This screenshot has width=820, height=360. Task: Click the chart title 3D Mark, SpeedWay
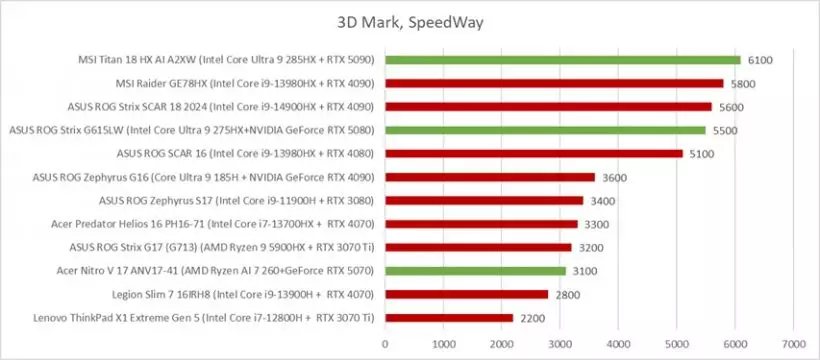(x=410, y=21)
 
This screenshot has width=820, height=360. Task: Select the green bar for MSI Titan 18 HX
(x=562, y=59)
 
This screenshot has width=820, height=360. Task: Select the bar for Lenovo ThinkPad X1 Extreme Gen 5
(x=449, y=318)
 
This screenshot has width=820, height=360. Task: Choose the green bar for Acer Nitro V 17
(x=475, y=271)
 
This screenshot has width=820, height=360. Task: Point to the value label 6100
(x=761, y=60)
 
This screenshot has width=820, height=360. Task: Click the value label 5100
(x=703, y=154)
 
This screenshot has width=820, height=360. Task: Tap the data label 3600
(x=615, y=177)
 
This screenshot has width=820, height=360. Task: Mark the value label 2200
(x=533, y=318)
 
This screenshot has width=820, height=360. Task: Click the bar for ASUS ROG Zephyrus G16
(x=490, y=177)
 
